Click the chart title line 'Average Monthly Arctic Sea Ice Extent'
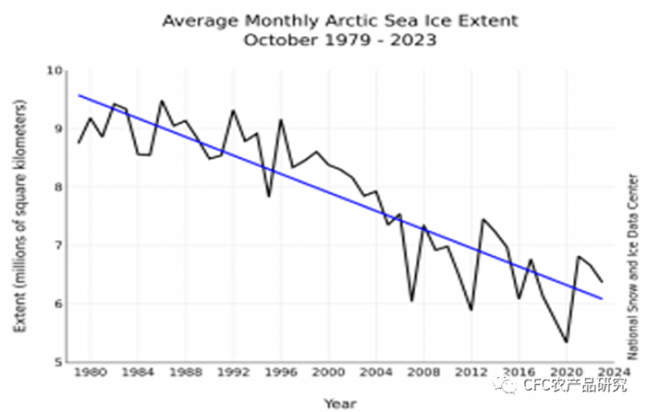pyautogui.click(x=340, y=20)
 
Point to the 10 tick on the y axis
pyautogui.click(x=55, y=71)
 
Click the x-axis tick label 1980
pyautogui.click(x=91, y=374)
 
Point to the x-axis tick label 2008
pyautogui.click(x=423, y=374)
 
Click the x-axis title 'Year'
pyautogui.click(x=340, y=403)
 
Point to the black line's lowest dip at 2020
pyautogui.click(x=566, y=342)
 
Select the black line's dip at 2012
pyautogui.click(x=470, y=309)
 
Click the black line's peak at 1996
pyautogui.click(x=281, y=120)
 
